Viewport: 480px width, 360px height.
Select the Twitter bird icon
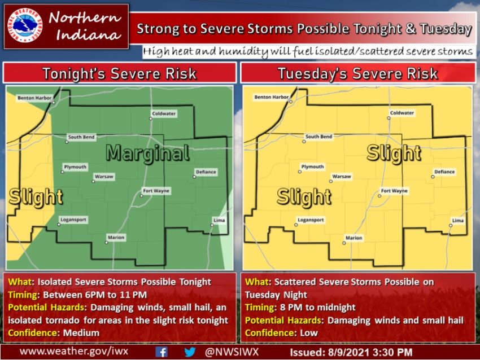[x=190, y=352]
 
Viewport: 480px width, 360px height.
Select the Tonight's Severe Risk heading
[x=120, y=73]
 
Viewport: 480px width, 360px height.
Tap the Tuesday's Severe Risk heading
[x=357, y=73]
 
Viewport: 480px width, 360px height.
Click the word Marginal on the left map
[x=147, y=153]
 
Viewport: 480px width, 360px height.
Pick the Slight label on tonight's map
[x=35, y=197]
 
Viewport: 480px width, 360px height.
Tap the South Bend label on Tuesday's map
[x=318, y=137]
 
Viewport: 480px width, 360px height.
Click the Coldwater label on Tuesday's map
[x=402, y=113]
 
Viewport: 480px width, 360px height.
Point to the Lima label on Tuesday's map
[x=458, y=220]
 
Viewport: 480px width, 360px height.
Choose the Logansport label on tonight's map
[x=73, y=220]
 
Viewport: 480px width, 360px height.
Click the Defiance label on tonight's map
[x=206, y=172]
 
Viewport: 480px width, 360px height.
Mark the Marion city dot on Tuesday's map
[x=344, y=244]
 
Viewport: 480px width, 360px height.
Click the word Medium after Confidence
[x=81, y=333]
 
